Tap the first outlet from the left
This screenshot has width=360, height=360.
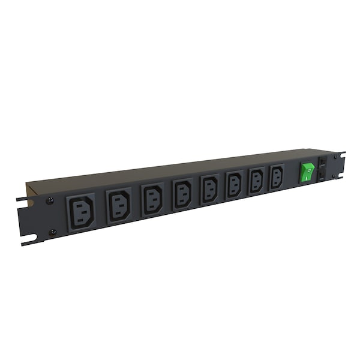pyautogui.click(x=81, y=211)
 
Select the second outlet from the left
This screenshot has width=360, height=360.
pyautogui.click(x=119, y=205)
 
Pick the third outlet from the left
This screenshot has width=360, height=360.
pyautogui.click(x=152, y=199)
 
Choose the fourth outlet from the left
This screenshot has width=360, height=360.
pyautogui.click(x=182, y=193)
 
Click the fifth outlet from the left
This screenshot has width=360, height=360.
pyautogui.click(x=209, y=188)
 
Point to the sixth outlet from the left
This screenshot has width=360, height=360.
pyautogui.click(x=234, y=184)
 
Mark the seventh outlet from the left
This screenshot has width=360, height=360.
pyautogui.click(x=256, y=180)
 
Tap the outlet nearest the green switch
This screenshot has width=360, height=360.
pyautogui.click(x=277, y=176)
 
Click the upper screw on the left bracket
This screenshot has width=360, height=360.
pyautogui.click(x=50, y=200)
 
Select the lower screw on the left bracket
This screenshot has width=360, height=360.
pyautogui.click(x=53, y=232)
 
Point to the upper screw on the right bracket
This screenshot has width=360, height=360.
pyautogui.click(x=335, y=157)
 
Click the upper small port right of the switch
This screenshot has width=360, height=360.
pyautogui.click(x=322, y=162)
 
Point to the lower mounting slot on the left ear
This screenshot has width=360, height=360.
pyautogui.click(x=28, y=242)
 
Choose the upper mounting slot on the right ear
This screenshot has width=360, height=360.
pyautogui.click(x=343, y=154)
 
